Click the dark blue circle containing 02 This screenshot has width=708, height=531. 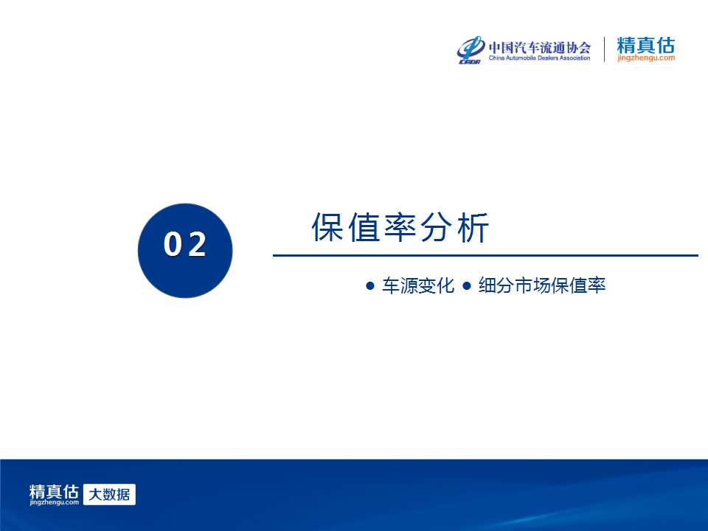185,251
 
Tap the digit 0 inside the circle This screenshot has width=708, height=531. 172,244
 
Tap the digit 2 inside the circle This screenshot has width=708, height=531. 197,244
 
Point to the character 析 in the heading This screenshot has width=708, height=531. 473,227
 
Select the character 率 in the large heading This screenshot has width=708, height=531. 400,227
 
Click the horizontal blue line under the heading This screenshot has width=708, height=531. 485,255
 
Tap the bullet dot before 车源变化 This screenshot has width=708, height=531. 370,286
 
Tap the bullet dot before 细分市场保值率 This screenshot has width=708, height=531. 467,286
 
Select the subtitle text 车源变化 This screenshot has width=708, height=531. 418,285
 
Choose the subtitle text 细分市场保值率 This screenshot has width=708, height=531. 542,285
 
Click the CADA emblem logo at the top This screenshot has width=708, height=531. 471,49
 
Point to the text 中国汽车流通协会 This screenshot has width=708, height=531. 540,47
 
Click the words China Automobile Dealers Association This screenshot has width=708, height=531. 540,58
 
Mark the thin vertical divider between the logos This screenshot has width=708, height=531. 604,49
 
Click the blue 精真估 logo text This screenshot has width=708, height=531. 646,45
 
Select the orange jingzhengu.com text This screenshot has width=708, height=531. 646,58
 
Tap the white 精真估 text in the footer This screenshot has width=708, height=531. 54,491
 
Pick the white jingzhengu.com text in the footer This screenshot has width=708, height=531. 54,502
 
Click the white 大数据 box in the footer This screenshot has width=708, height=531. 109,494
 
